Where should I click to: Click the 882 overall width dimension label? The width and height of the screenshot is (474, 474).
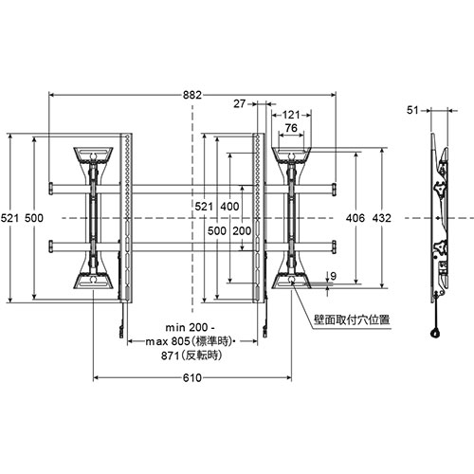(x=192, y=95)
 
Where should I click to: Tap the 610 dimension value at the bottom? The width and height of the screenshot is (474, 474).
(x=192, y=377)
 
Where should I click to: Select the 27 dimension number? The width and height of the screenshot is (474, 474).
(x=240, y=103)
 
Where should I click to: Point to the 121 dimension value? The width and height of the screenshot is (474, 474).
(x=291, y=115)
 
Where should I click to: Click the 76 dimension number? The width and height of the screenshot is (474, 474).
(x=291, y=128)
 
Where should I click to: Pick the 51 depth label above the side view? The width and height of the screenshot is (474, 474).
(x=412, y=110)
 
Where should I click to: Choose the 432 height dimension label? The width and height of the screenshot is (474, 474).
(x=382, y=218)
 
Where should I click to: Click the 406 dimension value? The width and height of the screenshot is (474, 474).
(x=355, y=218)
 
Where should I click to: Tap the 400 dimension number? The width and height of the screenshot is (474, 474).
(x=229, y=207)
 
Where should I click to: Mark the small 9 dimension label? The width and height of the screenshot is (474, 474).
(x=333, y=276)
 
